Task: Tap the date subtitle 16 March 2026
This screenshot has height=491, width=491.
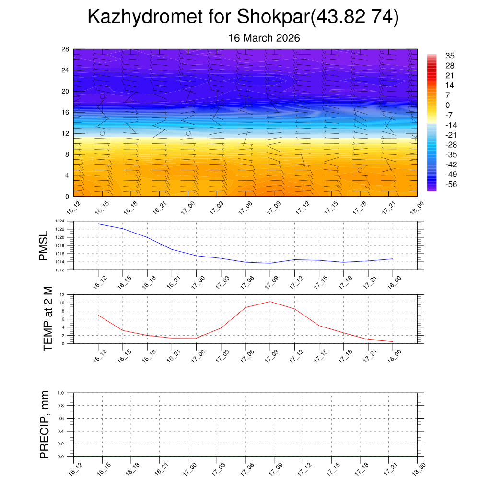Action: click(264, 38)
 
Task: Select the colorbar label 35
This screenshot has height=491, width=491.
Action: click(450, 56)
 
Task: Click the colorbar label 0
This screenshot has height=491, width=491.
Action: click(448, 105)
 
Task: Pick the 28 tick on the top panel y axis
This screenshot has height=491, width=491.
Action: click(66, 49)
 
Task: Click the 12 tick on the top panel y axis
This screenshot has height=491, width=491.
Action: click(66, 133)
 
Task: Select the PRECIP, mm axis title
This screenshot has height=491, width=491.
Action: click(45, 424)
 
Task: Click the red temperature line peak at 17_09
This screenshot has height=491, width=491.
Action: click(270, 302)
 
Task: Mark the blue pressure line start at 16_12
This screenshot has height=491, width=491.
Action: click(98, 224)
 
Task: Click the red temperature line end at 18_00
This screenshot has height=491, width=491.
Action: click(393, 342)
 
